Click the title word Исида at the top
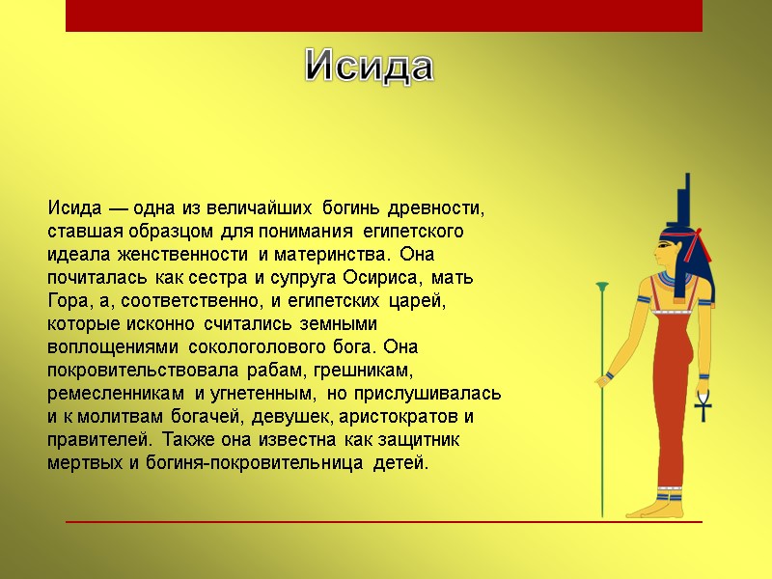(x=370, y=67)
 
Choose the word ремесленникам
(x=117, y=394)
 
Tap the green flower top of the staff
(x=603, y=287)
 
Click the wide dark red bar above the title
(x=383, y=16)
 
